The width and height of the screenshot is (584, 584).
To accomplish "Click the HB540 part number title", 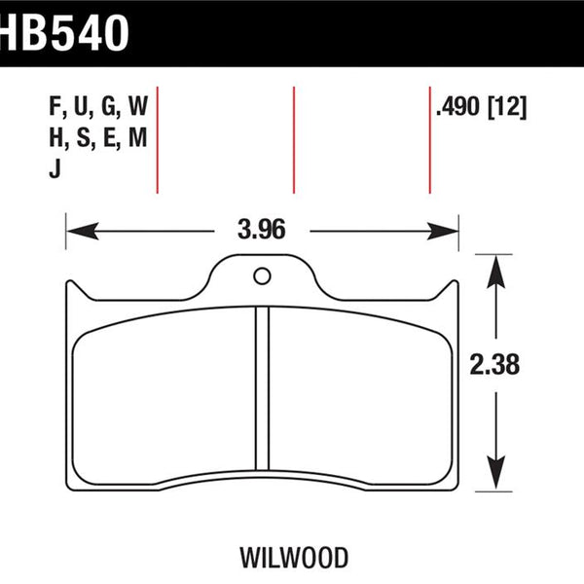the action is pyautogui.click(x=64, y=33).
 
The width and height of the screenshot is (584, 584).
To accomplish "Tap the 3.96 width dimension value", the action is pyautogui.click(x=262, y=229).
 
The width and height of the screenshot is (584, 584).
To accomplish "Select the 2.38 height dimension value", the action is pyautogui.click(x=494, y=364).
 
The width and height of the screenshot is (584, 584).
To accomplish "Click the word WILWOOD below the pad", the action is pyautogui.click(x=294, y=558).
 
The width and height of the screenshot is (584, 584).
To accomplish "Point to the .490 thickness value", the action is pyautogui.click(x=457, y=107).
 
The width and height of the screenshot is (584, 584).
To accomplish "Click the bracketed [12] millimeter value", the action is pyautogui.click(x=507, y=107).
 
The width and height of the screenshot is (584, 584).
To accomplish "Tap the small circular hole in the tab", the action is pyautogui.click(x=262, y=276).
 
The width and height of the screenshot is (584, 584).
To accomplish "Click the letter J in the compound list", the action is pyautogui.click(x=55, y=168).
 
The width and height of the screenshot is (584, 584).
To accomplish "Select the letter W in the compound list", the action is pyautogui.click(x=138, y=106).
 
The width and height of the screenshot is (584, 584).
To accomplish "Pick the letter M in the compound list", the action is pyautogui.click(x=137, y=137).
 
